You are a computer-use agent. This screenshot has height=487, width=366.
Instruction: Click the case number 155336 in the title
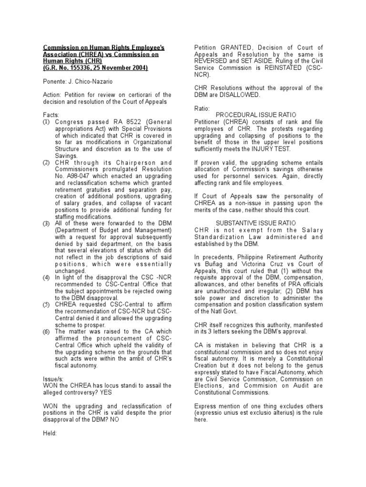(x=83, y=68)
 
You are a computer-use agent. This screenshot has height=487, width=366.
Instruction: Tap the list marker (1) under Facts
(x=46, y=122)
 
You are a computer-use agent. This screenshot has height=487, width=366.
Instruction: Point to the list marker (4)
(x=46, y=277)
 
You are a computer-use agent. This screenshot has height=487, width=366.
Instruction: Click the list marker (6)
(x=46, y=331)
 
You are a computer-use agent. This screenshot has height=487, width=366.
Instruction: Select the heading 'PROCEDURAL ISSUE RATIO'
(x=256, y=115)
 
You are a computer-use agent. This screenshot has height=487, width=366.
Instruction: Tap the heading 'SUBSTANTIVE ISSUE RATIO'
(x=256, y=223)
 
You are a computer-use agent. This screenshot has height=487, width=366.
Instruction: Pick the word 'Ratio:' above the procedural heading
(x=202, y=108)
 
